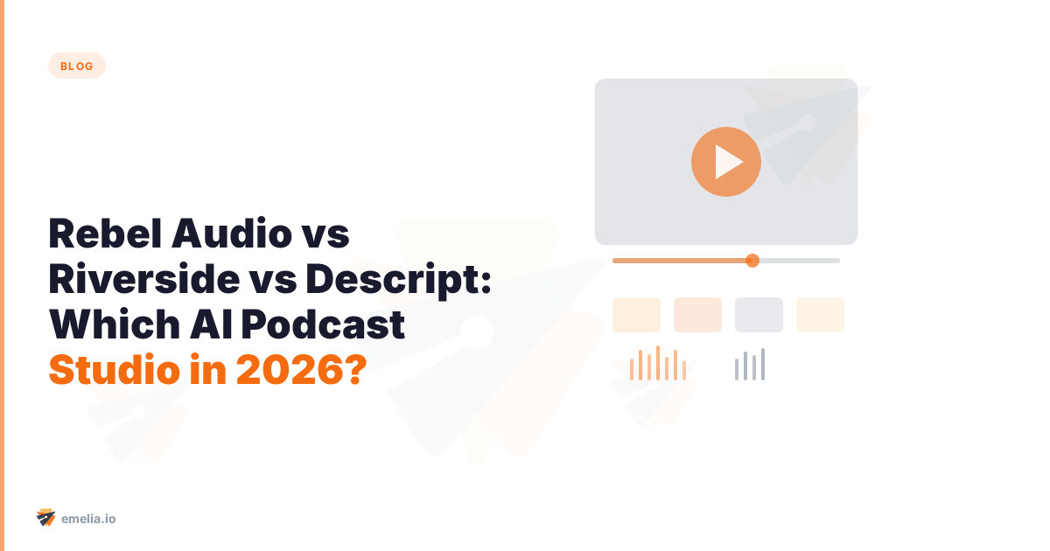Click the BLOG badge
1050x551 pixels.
(x=77, y=66)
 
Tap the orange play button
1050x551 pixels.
(x=725, y=161)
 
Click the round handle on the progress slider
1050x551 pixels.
(x=752, y=260)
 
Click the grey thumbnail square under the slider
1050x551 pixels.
(x=759, y=315)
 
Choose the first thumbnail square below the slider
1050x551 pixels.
(x=636, y=315)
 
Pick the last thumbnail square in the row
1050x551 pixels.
(x=820, y=315)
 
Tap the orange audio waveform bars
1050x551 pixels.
(x=658, y=364)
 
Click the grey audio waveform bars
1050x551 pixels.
(x=750, y=365)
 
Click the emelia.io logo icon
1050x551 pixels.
(x=46, y=518)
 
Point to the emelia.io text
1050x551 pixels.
(x=89, y=519)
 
